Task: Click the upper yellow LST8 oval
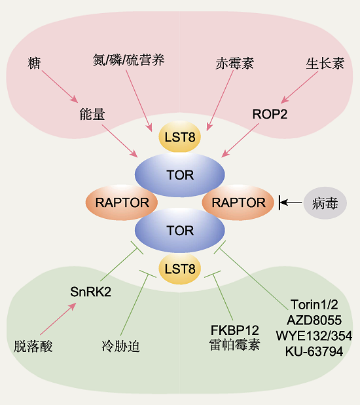[x=179, y=136]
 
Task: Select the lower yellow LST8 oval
[x=179, y=269]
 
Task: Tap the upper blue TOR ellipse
[x=180, y=175]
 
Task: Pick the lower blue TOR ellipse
[x=180, y=230]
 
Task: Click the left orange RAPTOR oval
[x=122, y=202]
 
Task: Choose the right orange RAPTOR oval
[x=238, y=202]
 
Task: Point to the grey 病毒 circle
[x=325, y=203]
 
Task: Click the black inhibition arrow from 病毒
[x=291, y=202]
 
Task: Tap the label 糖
[x=34, y=64]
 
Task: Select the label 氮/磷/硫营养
[x=128, y=60]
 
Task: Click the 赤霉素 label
[x=234, y=64]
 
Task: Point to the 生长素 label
[x=325, y=64]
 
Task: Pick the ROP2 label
[x=270, y=114]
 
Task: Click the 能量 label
[x=92, y=114]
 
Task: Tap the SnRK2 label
[x=90, y=292]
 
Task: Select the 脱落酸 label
[x=33, y=346]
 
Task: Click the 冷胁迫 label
[x=121, y=346]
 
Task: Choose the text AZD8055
[x=314, y=320]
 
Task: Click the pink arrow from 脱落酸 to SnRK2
[x=58, y=318]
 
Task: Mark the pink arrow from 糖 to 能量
[x=60, y=87]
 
